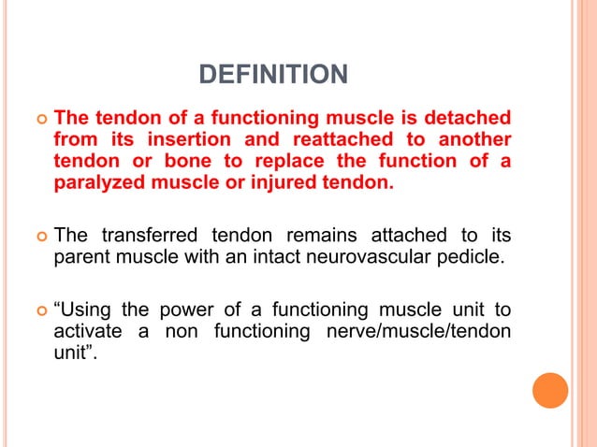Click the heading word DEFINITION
click(274, 73)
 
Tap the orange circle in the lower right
click(550, 390)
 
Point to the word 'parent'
click(81, 255)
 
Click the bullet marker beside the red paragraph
click(37, 121)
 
